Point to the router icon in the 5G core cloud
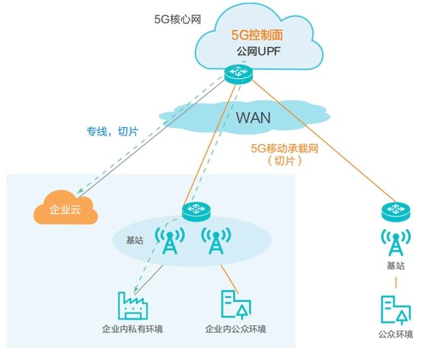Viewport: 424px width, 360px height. (x=237, y=73)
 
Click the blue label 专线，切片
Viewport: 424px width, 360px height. (x=112, y=132)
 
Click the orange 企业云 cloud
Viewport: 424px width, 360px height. (x=66, y=210)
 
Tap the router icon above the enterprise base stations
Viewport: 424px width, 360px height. (x=195, y=210)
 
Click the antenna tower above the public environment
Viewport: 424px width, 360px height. (x=396, y=242)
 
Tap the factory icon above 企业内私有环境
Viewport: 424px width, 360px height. (x=134, y=305)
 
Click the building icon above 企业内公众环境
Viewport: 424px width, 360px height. (x=236, y=304)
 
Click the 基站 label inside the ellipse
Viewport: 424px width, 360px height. (x=134, y=241)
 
